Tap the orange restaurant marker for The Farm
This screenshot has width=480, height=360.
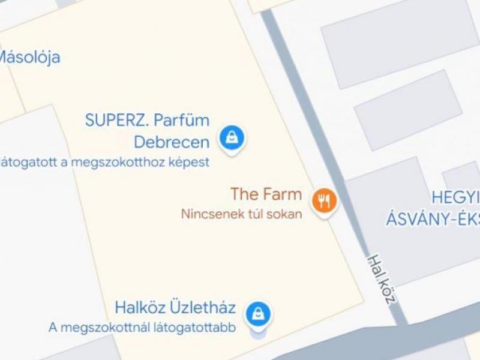pos(325,200)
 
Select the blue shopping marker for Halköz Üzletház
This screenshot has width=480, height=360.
pos(257,313)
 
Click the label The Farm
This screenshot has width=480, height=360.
pos(266,194)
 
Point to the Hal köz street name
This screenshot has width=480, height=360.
pos(382,278)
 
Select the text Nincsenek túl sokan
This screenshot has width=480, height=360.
pos(241,214)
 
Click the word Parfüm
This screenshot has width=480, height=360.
pos(181,120)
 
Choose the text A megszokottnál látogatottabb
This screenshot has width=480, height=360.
pos(142,328)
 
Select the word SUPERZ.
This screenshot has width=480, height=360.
pos(117,120)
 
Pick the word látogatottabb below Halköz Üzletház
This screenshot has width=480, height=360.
pos(199,328)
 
